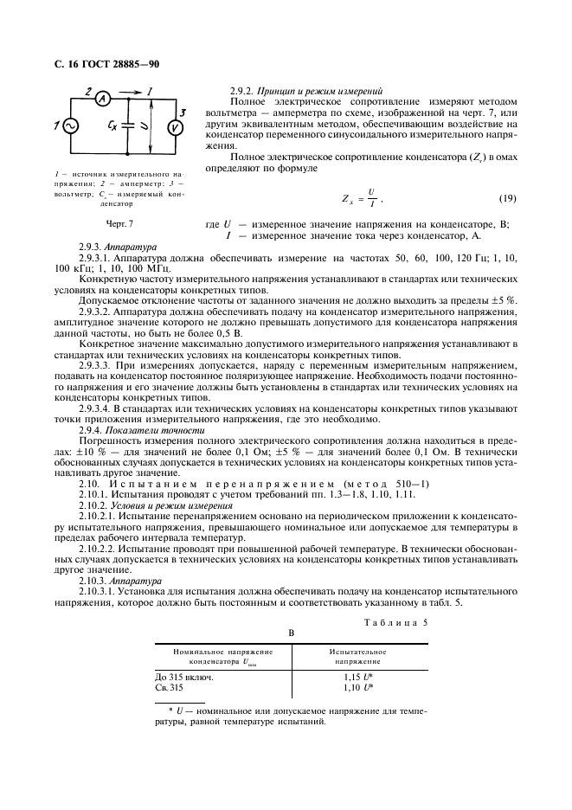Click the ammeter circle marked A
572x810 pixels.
[x=101, y=98]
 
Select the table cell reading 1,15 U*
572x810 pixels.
[x=358, y=677]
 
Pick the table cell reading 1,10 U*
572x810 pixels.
[x=358, y=687]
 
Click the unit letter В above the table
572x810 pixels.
[x=292, y=633]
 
